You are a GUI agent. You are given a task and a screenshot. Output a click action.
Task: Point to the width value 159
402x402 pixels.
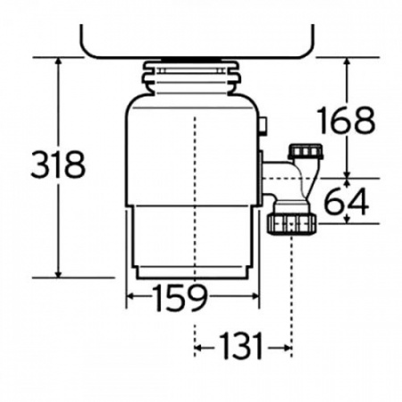[178, 296]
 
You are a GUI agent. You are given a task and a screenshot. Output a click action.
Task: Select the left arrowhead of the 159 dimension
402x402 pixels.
[131, 297]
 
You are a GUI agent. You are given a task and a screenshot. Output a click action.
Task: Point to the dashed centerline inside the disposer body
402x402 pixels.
[194, 179]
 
